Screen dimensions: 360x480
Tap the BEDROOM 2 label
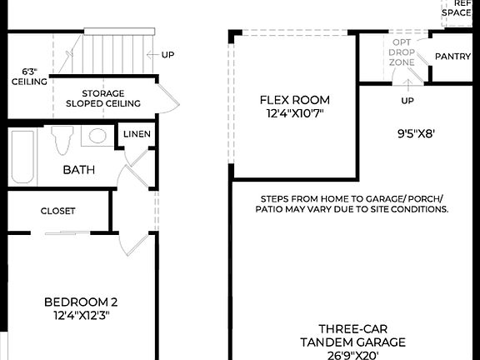[x=77, y=302]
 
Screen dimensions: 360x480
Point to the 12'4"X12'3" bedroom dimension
[x=77, y=316]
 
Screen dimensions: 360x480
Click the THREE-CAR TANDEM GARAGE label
[x=352, y=335]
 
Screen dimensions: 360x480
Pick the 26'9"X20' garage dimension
[x=352, y=355]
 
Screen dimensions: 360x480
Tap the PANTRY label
[x=453, y=57]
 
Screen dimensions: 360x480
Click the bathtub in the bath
[x=22, y=158]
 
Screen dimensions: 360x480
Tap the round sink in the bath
[x=98, y=137]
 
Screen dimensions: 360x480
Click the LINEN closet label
[x=137, y=134]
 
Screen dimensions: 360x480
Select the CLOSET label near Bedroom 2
[x=57, y=211]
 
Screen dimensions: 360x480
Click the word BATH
[x=79, y=170]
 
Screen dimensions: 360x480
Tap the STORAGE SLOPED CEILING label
[x=102, y=98]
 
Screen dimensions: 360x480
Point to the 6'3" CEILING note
[x=22, y=77]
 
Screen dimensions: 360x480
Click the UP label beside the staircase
[x=168, y=55]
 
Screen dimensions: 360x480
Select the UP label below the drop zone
[x=407, y=101]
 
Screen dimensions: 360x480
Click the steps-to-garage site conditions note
[x=352, y=204]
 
